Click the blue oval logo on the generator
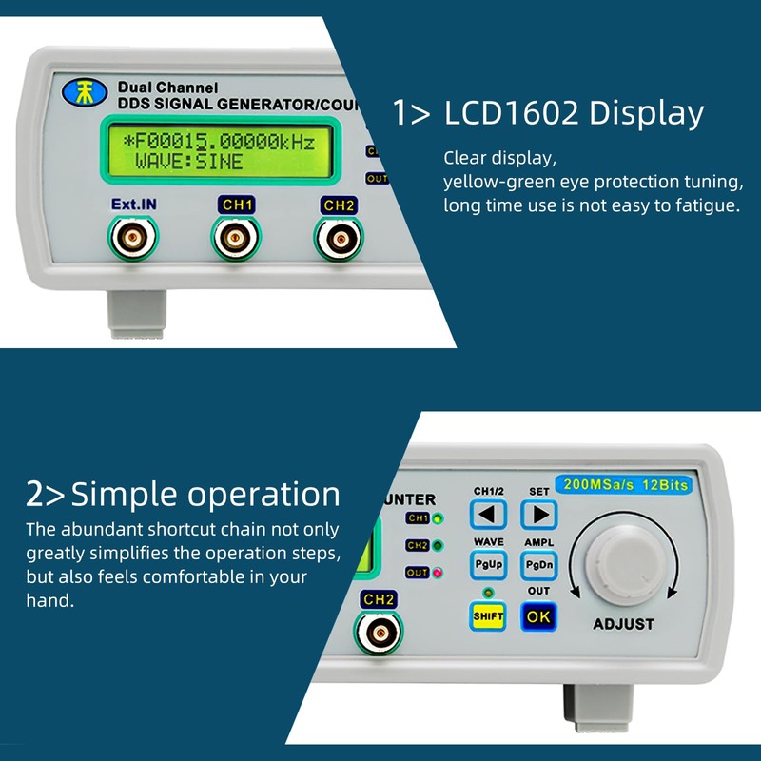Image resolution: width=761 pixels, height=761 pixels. coord(79,93)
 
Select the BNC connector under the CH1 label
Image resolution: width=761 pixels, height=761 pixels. coord(231,237)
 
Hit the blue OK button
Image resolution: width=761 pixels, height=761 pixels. coord(538,615)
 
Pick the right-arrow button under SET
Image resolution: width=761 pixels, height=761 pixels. coord(538,515)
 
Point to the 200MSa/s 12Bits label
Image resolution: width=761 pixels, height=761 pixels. coord(623,484)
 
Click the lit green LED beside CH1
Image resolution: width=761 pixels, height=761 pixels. coord(437,518)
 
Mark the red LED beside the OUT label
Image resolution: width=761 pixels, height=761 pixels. coord(437,573)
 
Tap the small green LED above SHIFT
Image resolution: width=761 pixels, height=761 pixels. coord(488,594)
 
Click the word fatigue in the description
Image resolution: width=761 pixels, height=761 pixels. coord(704,205)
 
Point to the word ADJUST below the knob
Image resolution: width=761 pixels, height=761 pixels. coord(623,624)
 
